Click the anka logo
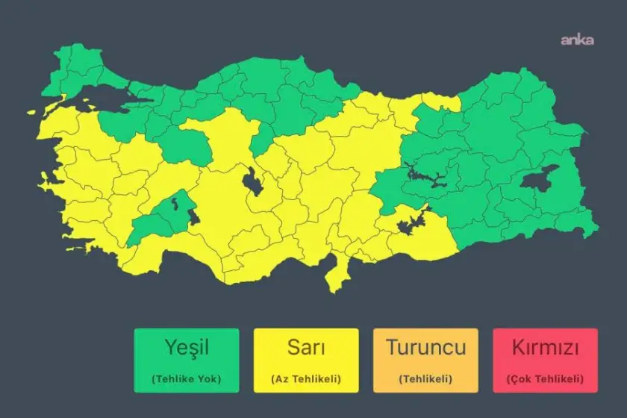pyautogui.click(x=577, y=40)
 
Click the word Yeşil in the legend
pyautogui.click(x=187, y=347)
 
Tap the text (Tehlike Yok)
pyautogui.click(x=187, y=378)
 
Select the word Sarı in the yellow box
pyautogui.click(x=306, y=347)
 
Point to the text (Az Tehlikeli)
pyautogui.click(x=306, y=378)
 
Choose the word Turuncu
pyautogui.click(x=425, y=347)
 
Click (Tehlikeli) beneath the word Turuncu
pyautogui.click(x=425, y=378)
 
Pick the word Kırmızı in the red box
pyautogui.click(x=545, y=347)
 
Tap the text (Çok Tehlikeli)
pyautogui.click(x=545, y=378)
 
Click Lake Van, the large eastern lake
pyautogui.click(x=539, y=178)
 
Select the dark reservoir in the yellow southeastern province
pyautogui.click(x=409, y=222)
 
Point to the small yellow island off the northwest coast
pyautogui.click(x=32, y=113)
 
